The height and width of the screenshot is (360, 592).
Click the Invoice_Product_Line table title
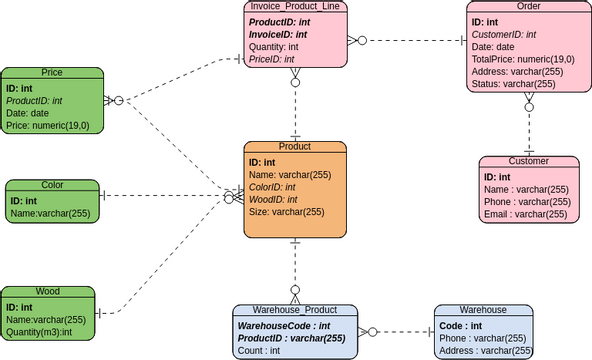point(295,7)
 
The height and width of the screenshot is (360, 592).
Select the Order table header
point(528,7)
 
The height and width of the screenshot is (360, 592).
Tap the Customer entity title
point(528,161)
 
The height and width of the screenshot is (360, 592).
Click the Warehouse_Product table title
point(295,310)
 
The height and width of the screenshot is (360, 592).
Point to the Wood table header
point(48,292)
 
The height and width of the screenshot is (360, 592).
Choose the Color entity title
point(52,185)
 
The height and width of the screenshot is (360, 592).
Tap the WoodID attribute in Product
point(272,199)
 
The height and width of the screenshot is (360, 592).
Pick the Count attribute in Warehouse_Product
point(259,351)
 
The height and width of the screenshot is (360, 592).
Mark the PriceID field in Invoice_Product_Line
point(271,59)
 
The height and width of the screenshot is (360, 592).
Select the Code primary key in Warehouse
point(461,326)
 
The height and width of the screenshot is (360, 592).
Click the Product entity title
point(295,146)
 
